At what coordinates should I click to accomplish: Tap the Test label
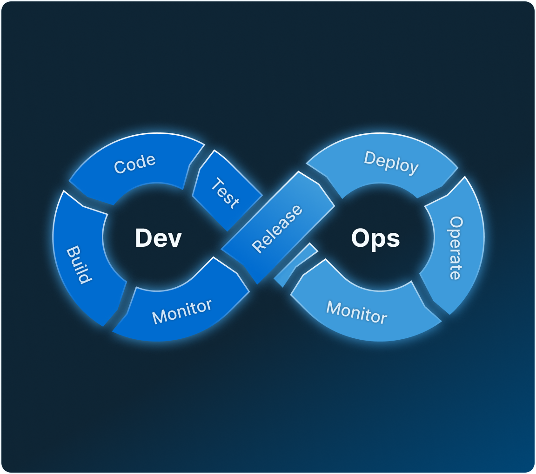(x=225, y=192)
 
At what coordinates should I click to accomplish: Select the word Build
(x=78, y=264)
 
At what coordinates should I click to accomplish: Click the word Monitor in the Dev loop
(x=182, y=311)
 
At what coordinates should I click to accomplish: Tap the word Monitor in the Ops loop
(x=356, y=312)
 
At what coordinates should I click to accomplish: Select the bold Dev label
(x=158, y=238)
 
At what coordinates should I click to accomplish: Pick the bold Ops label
(x=375, y=238)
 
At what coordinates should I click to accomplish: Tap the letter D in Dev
(x=143, y=238)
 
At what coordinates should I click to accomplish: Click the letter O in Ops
(x=361, y=238)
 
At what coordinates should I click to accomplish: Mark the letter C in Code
(x=120, y=168)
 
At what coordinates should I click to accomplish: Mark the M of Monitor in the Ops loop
(x=334, y=308)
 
